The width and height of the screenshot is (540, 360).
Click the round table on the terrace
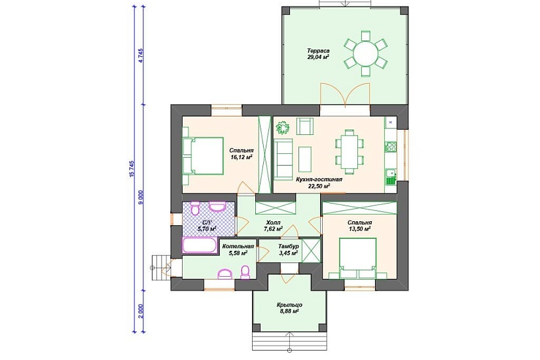coord(366,54)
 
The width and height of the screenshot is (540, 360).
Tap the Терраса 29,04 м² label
coord(319,54)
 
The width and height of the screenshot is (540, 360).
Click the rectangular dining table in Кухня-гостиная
coord(350,151)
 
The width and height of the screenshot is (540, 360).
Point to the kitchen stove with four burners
coord(391,147)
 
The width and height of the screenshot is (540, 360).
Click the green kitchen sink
coord(391,177)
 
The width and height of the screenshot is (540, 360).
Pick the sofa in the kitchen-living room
coord(283,159)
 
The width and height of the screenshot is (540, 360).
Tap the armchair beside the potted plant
coord(305,126)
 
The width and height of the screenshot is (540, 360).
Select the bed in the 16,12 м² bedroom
coord(203,156)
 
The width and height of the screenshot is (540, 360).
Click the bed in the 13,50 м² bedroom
coord(357,258)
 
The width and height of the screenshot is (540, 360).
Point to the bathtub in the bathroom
coord(200,245)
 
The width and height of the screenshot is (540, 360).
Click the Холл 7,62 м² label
coord(274,225)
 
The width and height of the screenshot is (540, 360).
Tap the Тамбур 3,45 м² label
coord(288,250)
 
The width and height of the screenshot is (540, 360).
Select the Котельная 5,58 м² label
coord(238,250)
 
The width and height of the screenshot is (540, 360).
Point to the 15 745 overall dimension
coord(131,170)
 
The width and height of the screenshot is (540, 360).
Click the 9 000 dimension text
coord(141,198)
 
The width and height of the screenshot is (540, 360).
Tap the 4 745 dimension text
coord(141,55)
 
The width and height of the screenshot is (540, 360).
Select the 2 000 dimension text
coord(141,312)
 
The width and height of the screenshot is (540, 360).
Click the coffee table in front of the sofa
coord(305,159)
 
